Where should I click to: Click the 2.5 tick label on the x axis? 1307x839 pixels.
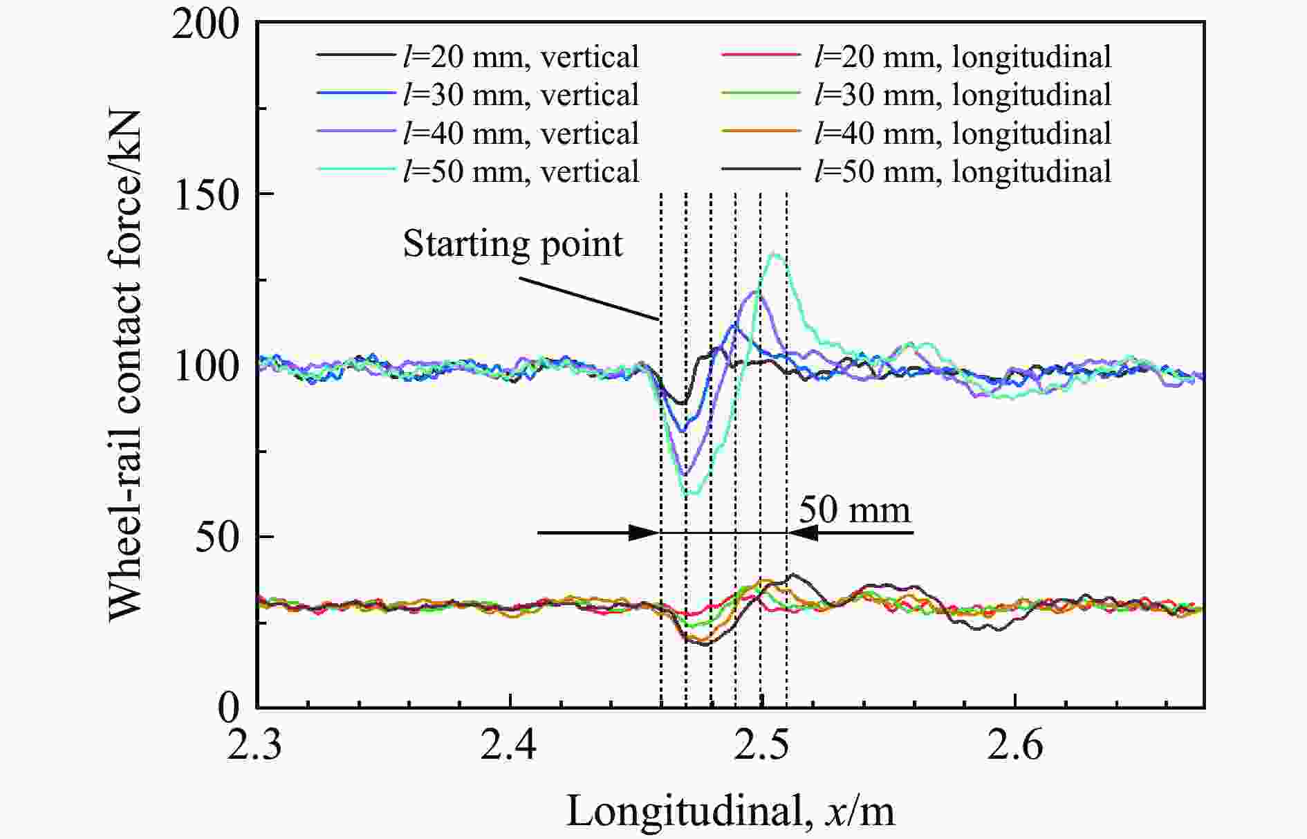pos(761,746)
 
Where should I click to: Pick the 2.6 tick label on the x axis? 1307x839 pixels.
pos(1014,746)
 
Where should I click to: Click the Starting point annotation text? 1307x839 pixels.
pos(512,244)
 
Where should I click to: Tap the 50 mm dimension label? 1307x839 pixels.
pos(855,510)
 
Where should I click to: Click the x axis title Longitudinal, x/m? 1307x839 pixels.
pos(730,811)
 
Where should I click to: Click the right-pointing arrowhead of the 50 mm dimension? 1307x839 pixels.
pos(643,533)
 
